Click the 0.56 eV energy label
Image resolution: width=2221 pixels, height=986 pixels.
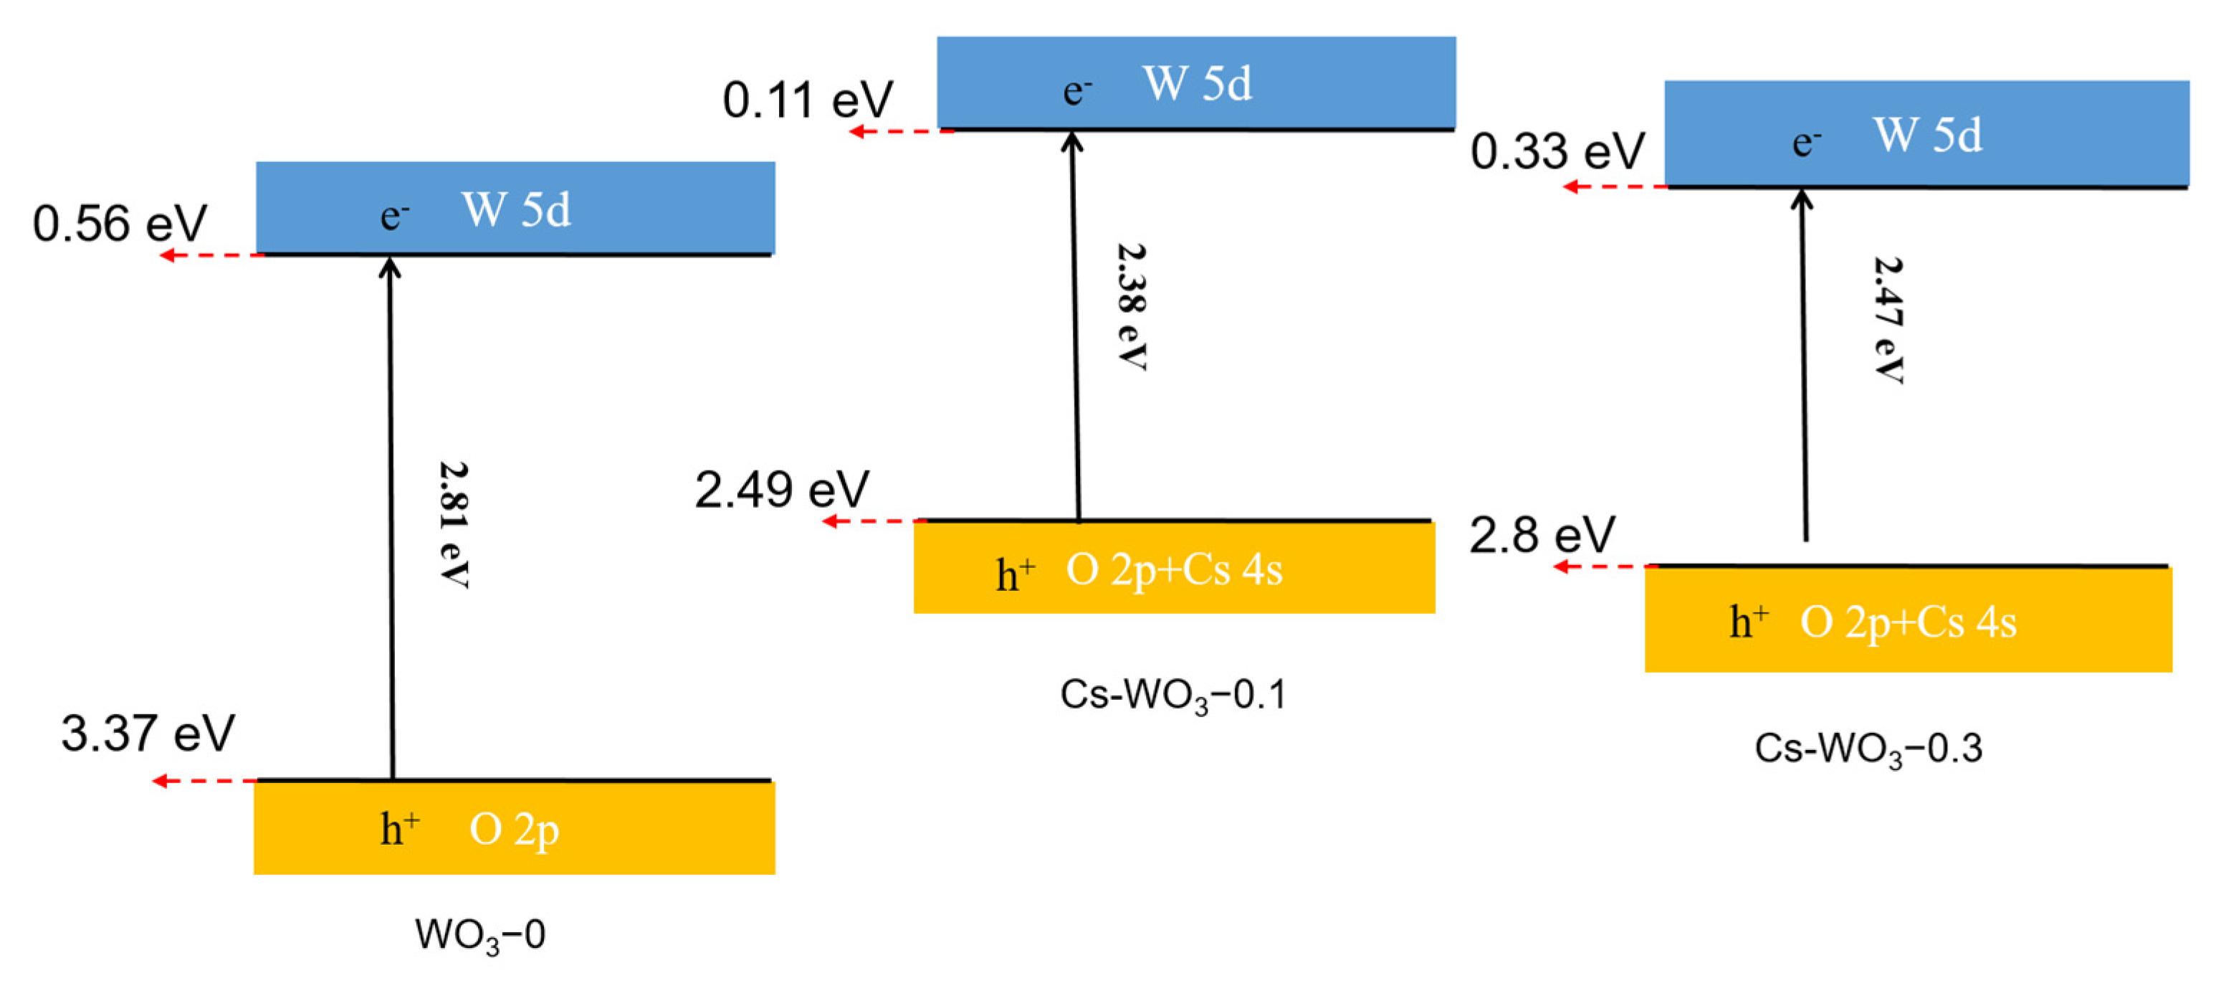120,224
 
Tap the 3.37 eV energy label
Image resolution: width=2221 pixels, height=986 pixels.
148,734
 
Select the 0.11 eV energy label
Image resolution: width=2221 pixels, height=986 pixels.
808,100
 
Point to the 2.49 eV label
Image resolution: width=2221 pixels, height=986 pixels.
782,490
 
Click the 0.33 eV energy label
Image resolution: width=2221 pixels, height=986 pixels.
1557,152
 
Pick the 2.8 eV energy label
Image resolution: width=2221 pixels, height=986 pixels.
1542,535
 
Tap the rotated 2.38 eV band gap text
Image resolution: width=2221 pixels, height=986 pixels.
1131,306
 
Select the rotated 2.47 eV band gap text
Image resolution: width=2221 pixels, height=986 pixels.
1888,320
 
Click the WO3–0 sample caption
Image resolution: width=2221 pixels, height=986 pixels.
480,935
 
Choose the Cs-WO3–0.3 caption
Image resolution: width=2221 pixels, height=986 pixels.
1868,749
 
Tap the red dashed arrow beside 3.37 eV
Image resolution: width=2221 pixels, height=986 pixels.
205,782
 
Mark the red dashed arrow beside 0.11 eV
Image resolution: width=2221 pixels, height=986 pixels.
901,131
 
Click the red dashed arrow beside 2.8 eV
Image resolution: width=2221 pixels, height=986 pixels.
1605,567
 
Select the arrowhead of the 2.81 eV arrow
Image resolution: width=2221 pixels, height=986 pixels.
391,267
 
